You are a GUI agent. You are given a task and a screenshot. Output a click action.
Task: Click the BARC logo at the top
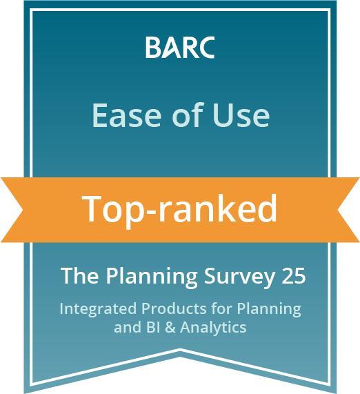pos(180,48)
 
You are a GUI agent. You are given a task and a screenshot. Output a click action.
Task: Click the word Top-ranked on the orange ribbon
pos(180,208)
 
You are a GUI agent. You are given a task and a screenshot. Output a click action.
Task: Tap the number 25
pos(292,276)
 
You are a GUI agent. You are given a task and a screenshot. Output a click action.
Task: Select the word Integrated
pos(92,308)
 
